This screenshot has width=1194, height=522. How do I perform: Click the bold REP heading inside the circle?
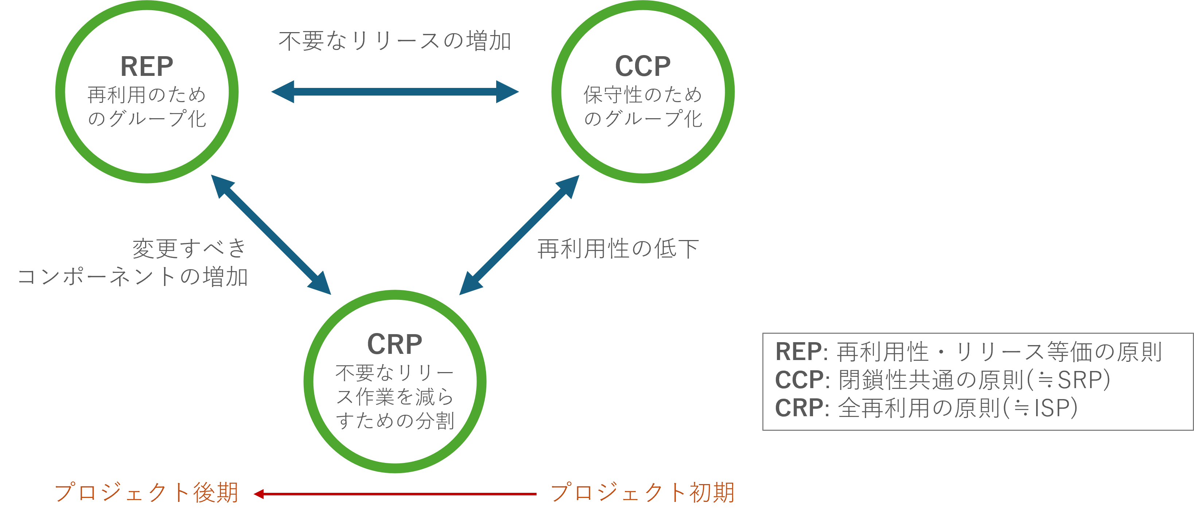[x=147, y=66]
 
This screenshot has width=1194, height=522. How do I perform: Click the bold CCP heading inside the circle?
[x=642, y=66]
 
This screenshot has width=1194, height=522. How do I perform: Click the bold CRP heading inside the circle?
[x=394, y=344]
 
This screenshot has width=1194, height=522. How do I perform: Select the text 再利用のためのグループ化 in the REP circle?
[x=147, y=107]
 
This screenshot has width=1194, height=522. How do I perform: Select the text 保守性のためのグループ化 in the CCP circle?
[x=642, y=107]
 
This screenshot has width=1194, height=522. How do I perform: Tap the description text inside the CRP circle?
[x=394, y=397]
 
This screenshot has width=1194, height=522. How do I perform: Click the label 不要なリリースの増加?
[x=394, y=41]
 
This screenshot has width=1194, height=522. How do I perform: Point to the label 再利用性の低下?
[x=618, y=249]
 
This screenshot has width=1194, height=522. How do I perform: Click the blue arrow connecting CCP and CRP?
[x=519, y=235]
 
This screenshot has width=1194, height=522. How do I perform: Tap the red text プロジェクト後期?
[x=147, y=492]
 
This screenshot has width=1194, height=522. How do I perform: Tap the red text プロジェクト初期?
[x=642, y=492]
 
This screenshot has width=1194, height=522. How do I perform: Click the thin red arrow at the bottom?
[x=394, y=494]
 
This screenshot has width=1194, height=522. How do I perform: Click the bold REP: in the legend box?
[x=801, y=352]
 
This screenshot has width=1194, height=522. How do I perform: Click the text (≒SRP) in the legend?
[x=1068, y=380]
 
